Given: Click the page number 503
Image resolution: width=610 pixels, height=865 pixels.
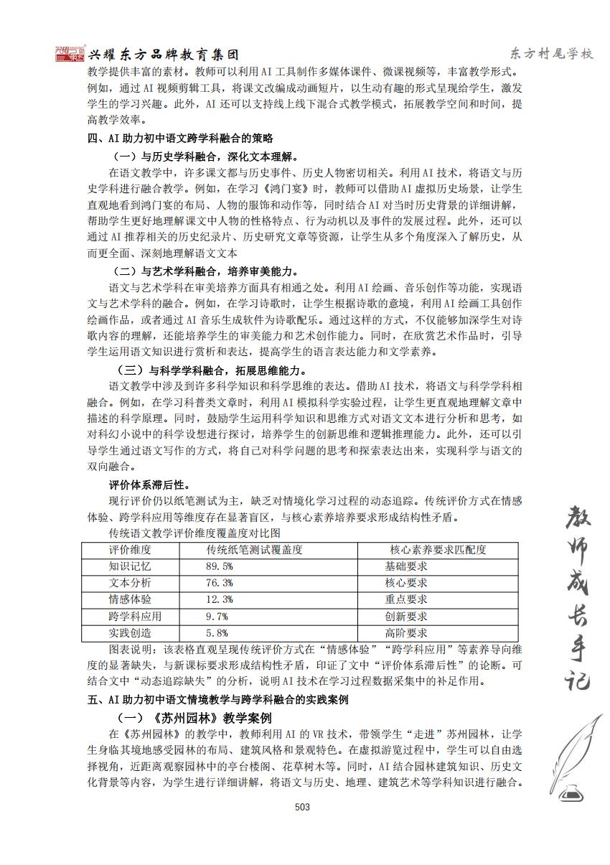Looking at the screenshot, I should tap(302, 807).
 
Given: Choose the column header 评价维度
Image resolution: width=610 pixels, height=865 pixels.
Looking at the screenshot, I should tap(130, 550).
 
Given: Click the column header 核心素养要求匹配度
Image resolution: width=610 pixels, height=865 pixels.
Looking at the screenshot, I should tap(438, 550).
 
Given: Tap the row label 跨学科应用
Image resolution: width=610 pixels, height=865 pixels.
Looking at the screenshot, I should tap(135, 616).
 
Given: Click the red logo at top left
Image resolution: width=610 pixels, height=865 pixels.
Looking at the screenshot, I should tap(70, 54).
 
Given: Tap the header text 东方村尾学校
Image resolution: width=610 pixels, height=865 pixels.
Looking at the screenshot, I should tap(551, 54).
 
